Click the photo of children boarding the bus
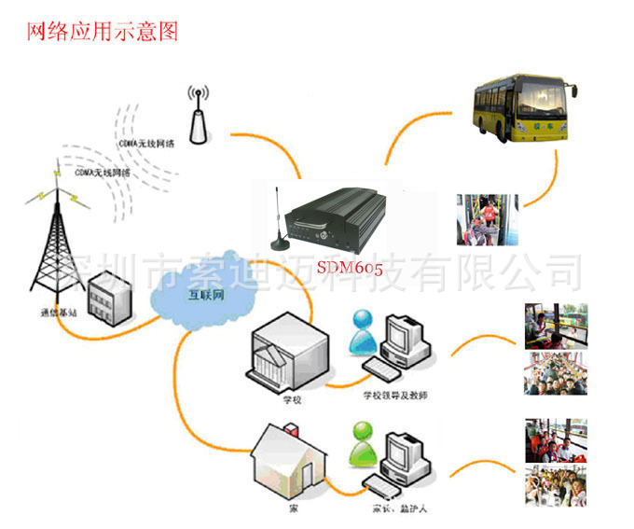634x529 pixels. coord(487,219)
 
